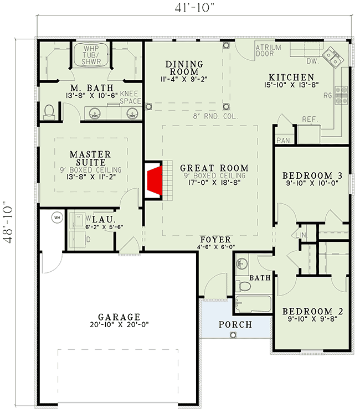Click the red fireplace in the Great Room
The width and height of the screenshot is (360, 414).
tap(155, 180)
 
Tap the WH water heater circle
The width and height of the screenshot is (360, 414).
tap(57, 218)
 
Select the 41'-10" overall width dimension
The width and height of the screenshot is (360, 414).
tap(194, 8)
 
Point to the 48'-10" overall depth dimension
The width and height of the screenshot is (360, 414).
tap(8, 222)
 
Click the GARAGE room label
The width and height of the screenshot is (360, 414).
tap(119, 317)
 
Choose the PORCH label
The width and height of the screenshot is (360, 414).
tap(235, 324)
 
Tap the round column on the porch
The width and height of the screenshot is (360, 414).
tap(233, 335)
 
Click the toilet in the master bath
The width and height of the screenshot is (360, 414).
tap(49, 112)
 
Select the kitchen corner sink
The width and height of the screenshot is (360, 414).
tap(333, 58)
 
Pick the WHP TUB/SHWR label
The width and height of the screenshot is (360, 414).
tap(91, 55)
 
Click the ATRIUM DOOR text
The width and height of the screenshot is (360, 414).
tap(269, 50)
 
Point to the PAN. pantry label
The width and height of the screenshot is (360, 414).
tap(284, 141)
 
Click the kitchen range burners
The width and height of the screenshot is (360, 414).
tap(341, 95)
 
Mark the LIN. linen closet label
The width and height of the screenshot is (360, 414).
tap(301, 235)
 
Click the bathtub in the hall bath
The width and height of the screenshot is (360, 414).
tap(253, 304)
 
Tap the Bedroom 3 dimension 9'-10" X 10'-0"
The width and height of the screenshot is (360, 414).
tap(312, 183)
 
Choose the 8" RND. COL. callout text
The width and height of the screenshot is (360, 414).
tap(215, 116)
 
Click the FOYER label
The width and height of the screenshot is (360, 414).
tap(215, 240)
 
